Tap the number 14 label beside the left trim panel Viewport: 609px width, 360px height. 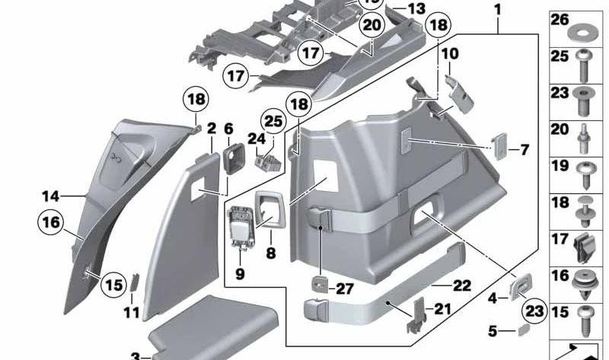click(50, 196)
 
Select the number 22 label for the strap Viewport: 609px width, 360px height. click(462, 285)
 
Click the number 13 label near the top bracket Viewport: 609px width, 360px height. click(416, 8)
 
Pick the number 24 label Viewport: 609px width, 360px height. click(256, 139)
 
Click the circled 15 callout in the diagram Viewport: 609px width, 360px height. click(113, 285)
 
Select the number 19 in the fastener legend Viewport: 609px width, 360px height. click(560, 166)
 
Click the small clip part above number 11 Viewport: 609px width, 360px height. click(134, 281)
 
